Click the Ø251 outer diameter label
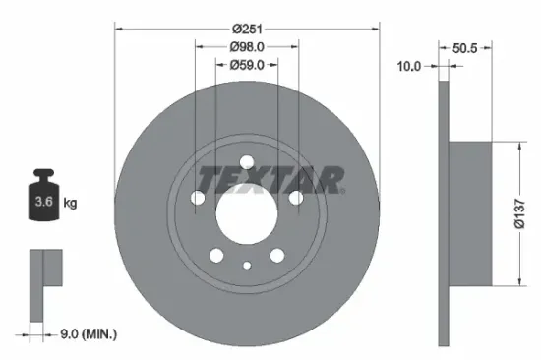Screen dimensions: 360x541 pyautogui.click(x=247, y=30)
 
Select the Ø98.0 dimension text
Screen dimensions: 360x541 pyautogui.click(x=247, y=47)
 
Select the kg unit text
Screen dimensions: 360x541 pyautogui.click(x=70, y=203)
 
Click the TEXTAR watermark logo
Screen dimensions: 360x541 pyautogui.click(x=271, y=179)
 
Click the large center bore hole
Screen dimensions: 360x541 pyautogui.click(x=247, y=210)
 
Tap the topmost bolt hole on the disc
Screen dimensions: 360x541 pyautogui.click(x=247, y=164)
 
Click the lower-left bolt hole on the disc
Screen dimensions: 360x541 pyautogui.click(x=216, y=257)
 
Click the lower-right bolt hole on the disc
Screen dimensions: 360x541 pyautogui.click(x=276, y=257)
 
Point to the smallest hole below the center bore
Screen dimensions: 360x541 pyautogui.click(x=247, y=264)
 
